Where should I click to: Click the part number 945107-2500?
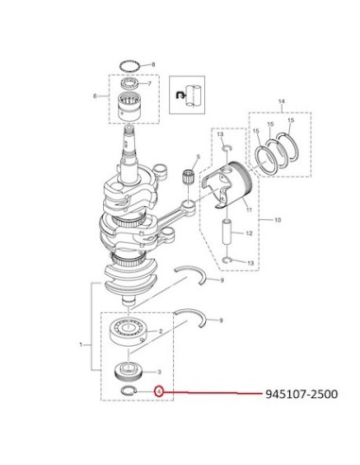(x=301, y=394)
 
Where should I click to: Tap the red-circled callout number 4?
(x=160, y=391)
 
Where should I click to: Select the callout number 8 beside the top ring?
(x=153, y=64)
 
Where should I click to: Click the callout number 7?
(x=149, y=84)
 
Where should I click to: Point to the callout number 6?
(x=95, y=95)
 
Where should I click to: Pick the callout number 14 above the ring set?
(x=282, y=101)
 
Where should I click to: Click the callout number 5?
(x=198, y=157)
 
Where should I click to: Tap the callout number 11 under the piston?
(x=249, y=210)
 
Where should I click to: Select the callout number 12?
(x=249, y=233)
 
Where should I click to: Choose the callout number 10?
(x=278, y=220)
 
